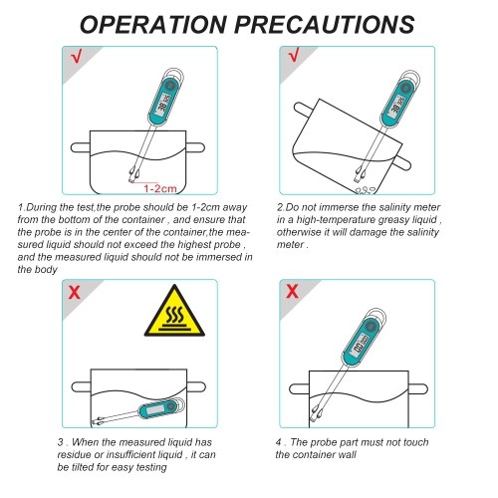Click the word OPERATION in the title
153,24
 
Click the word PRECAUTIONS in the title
325,24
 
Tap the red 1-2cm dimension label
160,188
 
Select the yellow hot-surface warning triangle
174,311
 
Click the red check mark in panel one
76,56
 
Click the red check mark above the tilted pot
294,55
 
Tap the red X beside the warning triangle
75,292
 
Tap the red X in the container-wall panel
292,291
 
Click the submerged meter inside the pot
138,412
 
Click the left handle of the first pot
81,147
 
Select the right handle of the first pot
195,147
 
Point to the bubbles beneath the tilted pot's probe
365,190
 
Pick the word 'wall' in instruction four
348,454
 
